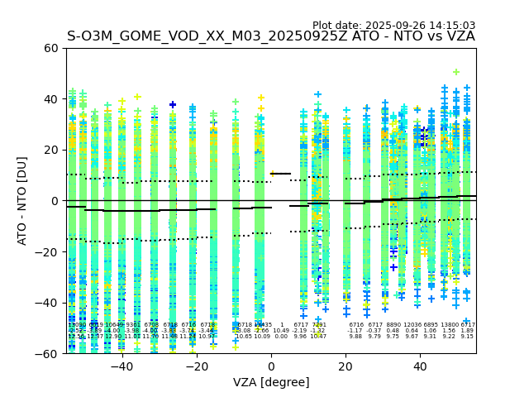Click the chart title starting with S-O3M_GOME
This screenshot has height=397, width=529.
click(270, 36)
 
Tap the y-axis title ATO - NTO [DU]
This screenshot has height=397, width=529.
click(22, 201)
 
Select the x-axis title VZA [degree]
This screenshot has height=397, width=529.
click(270, 382)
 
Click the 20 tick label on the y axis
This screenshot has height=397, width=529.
click(50, 150)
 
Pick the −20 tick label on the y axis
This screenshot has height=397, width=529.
click(47, 251)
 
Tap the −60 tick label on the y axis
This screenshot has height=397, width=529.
click(47, 353)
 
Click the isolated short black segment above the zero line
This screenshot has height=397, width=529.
click(281, 174)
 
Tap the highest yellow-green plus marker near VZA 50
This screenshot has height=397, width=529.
click(455, 73)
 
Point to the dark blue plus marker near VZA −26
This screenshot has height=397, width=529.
click(173, 105)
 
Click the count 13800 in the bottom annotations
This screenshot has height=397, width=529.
click(449, 325)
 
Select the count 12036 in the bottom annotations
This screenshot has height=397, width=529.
click(412, 325)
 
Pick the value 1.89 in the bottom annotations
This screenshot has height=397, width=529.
click(467, 331)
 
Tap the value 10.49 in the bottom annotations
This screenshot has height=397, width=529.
click(281, 331)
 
